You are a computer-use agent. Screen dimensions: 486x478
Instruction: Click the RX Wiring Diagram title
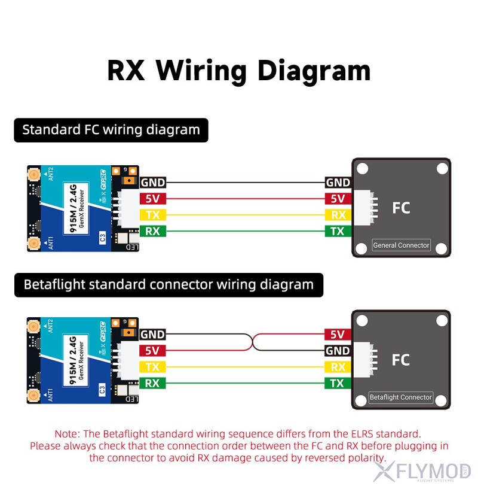tap(239, 70)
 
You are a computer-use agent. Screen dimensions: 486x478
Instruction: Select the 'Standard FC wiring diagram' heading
tap(111, 130)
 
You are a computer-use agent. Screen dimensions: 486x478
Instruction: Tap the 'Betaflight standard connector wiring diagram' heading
tap(168, 284)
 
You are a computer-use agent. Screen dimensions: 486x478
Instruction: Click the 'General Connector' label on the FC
tap(401, 245)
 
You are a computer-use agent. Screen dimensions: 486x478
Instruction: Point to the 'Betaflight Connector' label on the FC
tap(400, 397)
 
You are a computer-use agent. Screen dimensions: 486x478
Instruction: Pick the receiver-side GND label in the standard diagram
tap(152, 183)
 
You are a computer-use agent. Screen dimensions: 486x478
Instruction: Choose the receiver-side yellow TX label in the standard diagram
tap(152, 215)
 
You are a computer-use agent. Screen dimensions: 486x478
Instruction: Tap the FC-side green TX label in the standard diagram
tap(338, 231)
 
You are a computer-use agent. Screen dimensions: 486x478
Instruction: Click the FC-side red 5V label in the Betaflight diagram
tap(338, 335)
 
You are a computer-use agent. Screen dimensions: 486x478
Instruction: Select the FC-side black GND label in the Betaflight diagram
tap(338, 351)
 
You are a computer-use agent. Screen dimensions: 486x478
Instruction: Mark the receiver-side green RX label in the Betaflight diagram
tap(152, 383)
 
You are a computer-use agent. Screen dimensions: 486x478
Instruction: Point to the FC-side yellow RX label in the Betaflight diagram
tap(338, 367)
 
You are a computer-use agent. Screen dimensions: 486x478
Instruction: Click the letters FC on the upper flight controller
tap(401, 208)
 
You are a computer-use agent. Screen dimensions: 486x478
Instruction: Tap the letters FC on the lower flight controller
tap(401, 360)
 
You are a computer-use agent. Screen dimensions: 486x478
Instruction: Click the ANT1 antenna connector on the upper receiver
tap(33, 243)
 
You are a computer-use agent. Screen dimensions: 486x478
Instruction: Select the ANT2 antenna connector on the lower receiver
tap(33, 327)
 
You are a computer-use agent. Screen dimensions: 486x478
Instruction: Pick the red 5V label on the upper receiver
tap(152, 199)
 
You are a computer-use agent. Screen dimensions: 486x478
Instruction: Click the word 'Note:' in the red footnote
tap(68, 433)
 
